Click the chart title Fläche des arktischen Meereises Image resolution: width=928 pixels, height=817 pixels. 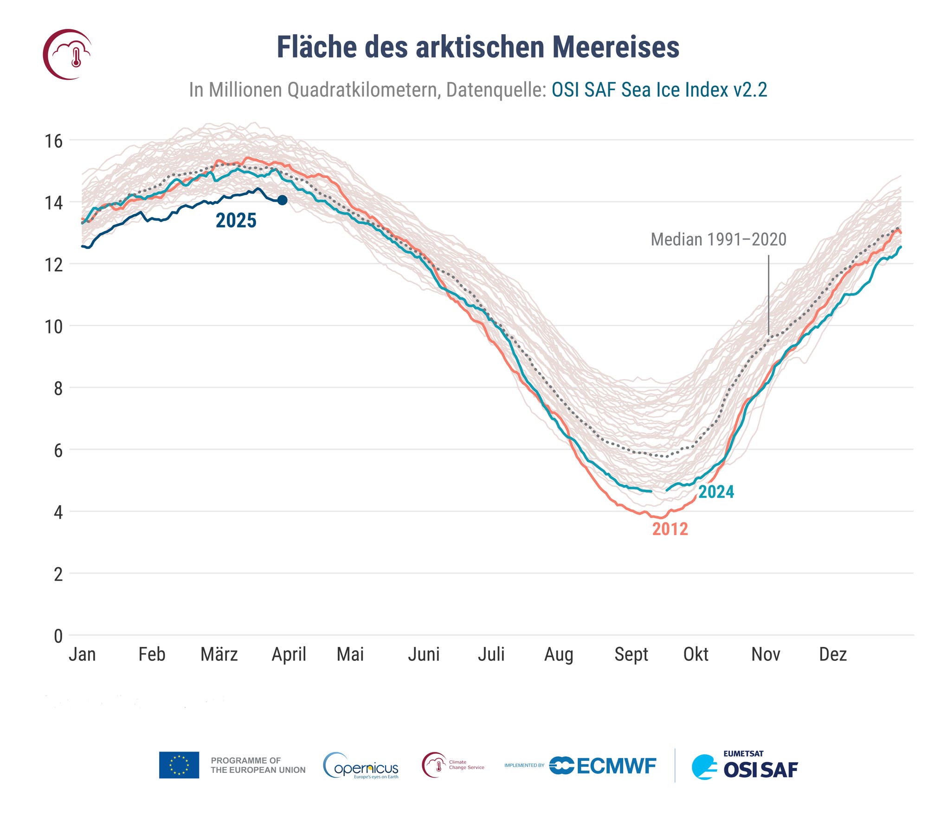[478, 47]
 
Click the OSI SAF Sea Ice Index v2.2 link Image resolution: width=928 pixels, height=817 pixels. [659, 90]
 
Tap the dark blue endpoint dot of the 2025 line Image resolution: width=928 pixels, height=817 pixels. [282, 200]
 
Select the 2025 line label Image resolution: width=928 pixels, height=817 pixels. [236, 221]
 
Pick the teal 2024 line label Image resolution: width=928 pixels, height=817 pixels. [716, 492]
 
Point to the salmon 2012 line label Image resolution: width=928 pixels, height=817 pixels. [670, 529]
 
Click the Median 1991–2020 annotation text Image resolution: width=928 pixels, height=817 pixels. [718, 240]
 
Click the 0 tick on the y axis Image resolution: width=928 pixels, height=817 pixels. [58, 636]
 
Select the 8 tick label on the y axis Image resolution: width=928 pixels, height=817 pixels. [58, 388]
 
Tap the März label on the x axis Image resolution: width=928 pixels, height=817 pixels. [219, 654]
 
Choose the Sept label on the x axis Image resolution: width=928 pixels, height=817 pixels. [631, 654]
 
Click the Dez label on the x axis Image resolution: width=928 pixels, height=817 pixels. [833, 654]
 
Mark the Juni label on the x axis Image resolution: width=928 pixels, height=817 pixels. [424, 654]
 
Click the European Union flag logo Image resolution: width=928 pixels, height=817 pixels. [179, 765]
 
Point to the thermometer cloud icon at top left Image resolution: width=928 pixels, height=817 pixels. [68, 54]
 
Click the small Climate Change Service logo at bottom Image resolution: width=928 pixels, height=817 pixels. [453, 765]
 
